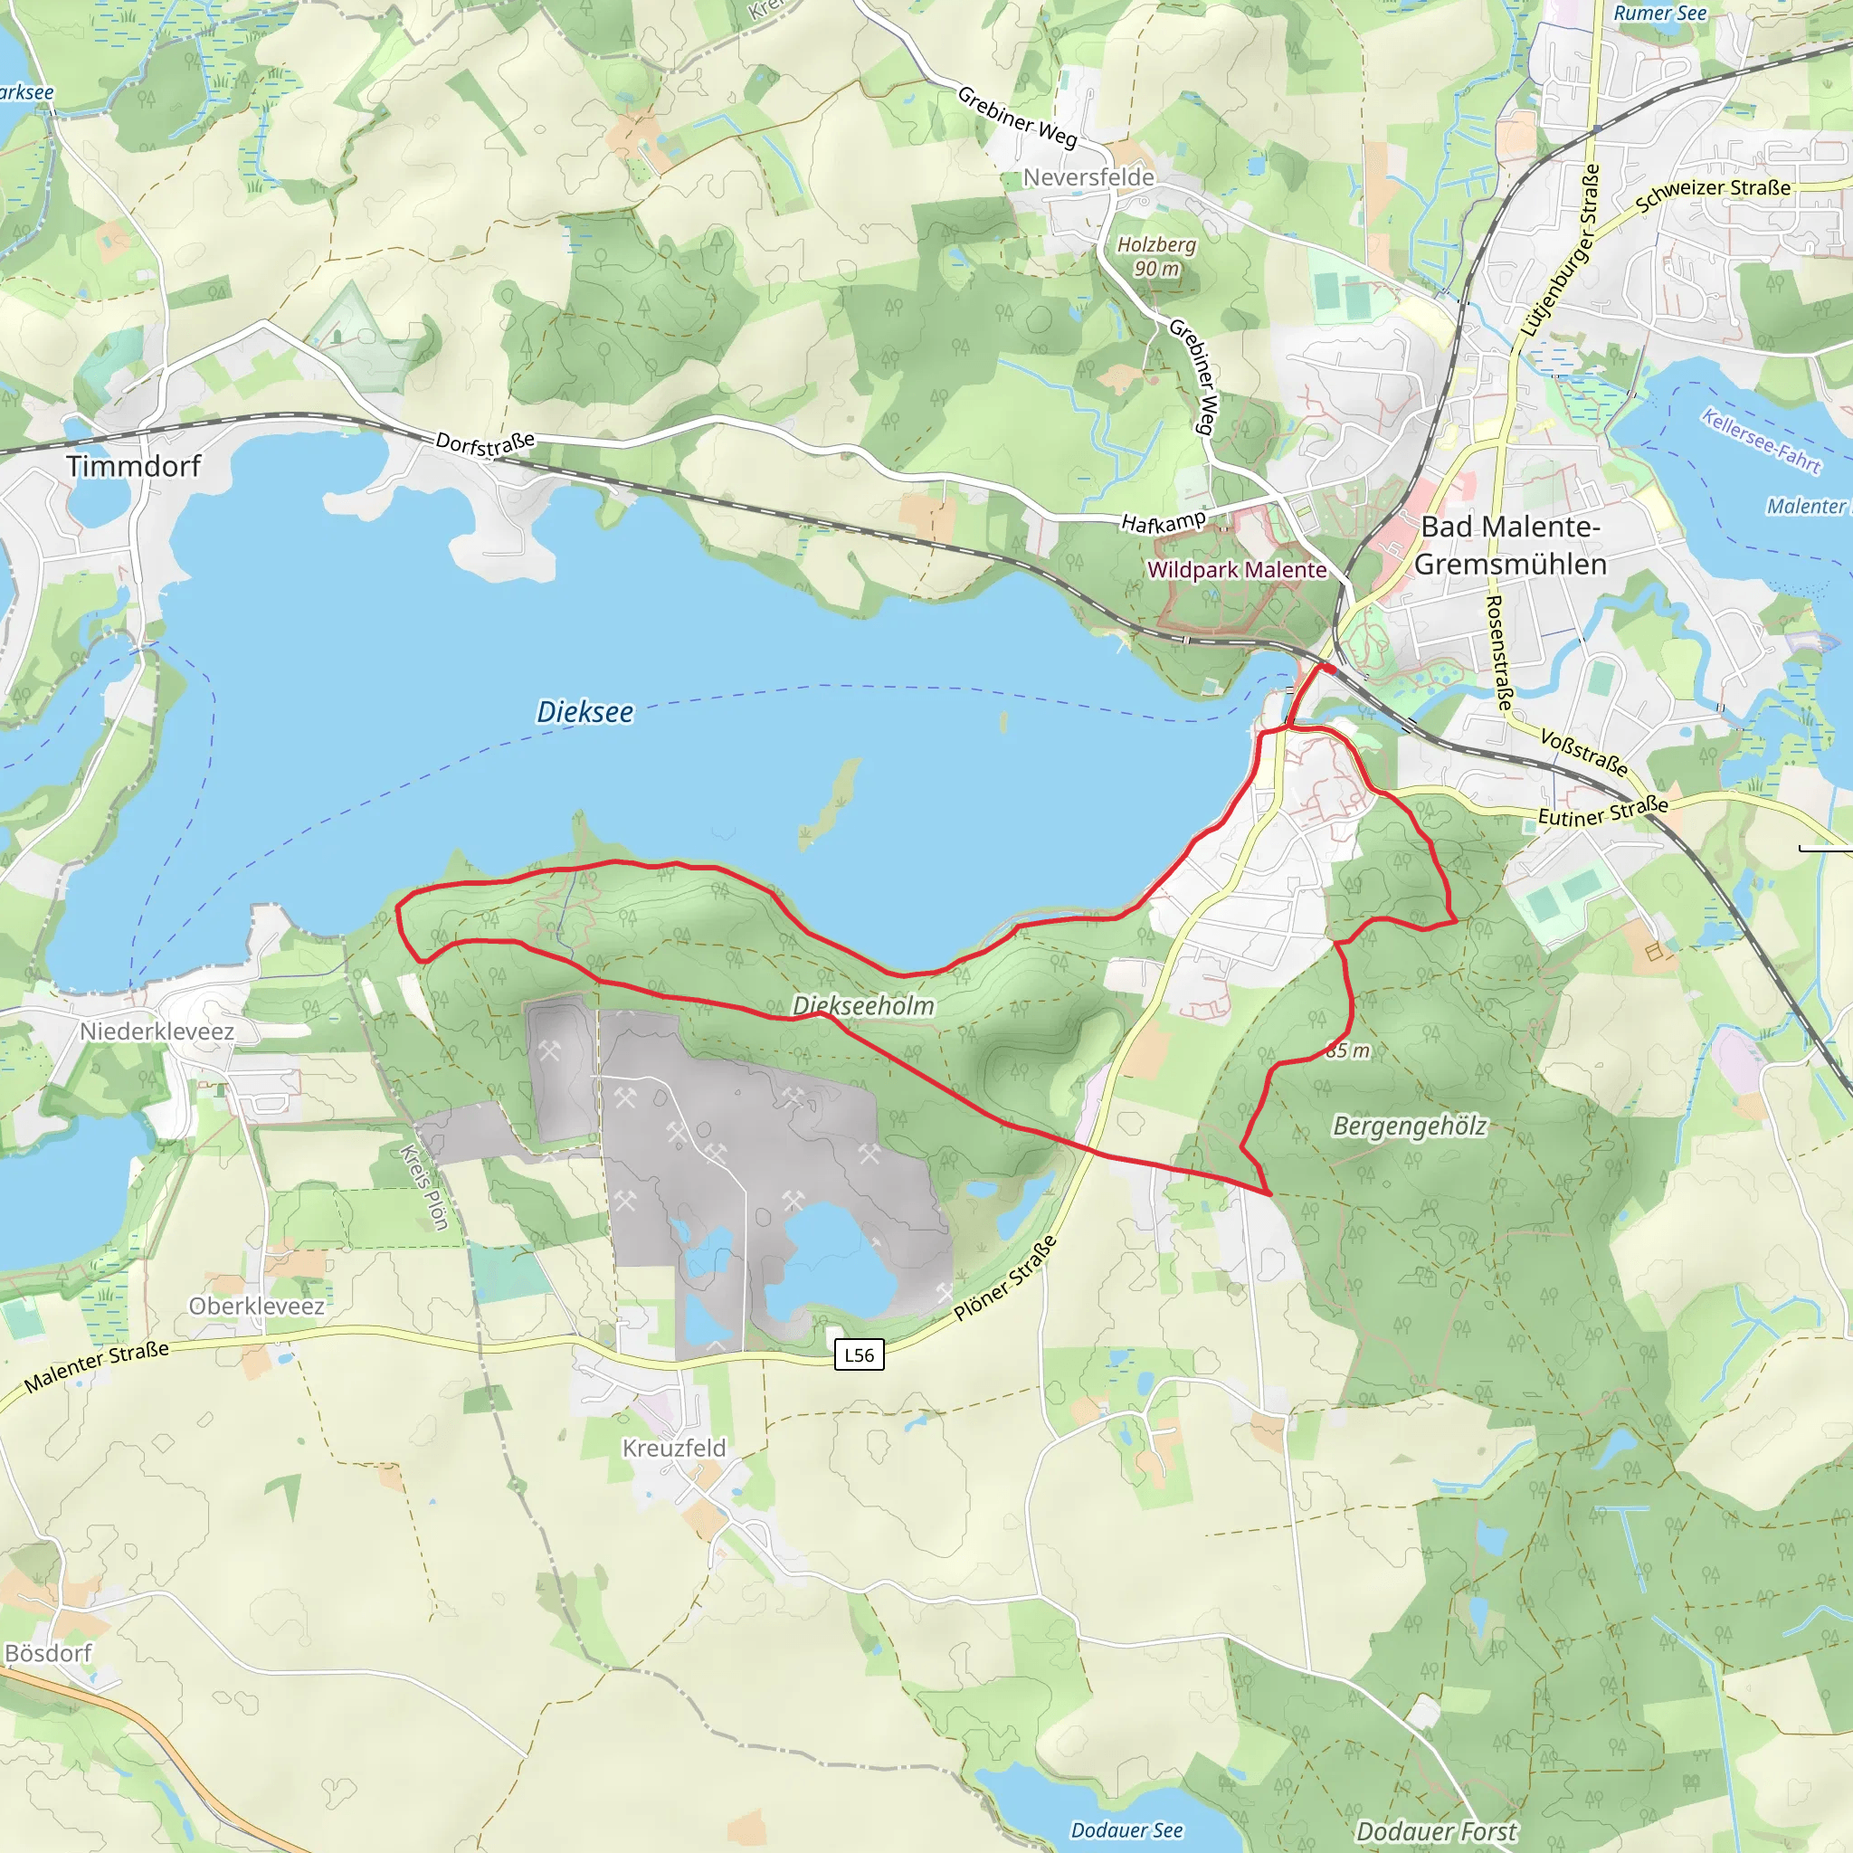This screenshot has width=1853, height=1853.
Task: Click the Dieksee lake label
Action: [584, 712]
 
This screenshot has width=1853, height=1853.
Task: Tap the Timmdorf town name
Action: [133, 466]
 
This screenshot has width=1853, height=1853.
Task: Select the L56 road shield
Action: [859, 1354]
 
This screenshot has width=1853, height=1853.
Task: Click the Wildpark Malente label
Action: [1236, 570]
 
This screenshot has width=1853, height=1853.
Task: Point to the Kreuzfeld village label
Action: [674, 1448]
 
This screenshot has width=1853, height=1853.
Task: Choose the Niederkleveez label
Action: [157, 1031]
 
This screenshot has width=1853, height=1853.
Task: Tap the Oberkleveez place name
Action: [256, 1306]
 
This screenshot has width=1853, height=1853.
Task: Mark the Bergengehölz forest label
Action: [1409, 1125]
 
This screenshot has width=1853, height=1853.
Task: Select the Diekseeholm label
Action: [863, 1005]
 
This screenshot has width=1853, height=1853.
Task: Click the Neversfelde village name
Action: [1088, 177]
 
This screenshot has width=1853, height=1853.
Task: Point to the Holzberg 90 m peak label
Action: [1156, 256]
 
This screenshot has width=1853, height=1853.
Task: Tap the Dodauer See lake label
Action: [1127, 1830]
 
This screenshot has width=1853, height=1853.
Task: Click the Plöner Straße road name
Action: [1005, 1278]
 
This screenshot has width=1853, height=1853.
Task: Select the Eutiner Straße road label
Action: [1602, 812]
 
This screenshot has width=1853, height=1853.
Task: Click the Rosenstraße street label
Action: [1498, 652]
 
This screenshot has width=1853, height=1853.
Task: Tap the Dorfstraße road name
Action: [485, 443]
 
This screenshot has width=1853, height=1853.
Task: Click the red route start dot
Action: [1329, 668]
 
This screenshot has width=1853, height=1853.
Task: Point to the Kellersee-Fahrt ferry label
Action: [1761, 441]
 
